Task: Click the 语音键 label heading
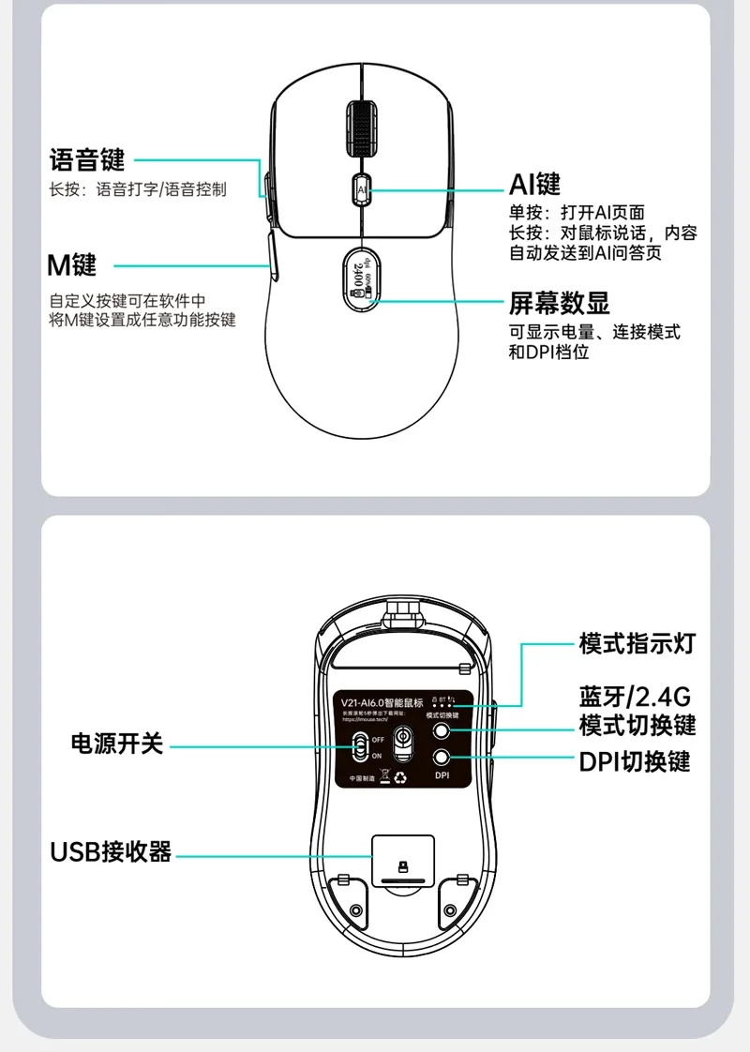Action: click(86, 159)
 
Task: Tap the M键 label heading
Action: click(72, 264)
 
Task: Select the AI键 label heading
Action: click(534, 182)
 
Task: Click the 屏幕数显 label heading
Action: click(559, 303)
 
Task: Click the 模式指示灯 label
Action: click(637, 644)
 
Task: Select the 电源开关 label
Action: click(118, 744)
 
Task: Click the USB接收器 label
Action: click(111, 852)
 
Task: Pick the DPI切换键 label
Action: click(635, 761)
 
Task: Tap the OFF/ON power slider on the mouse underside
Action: click(360, 747)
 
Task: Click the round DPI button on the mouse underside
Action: click(442, 759)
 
